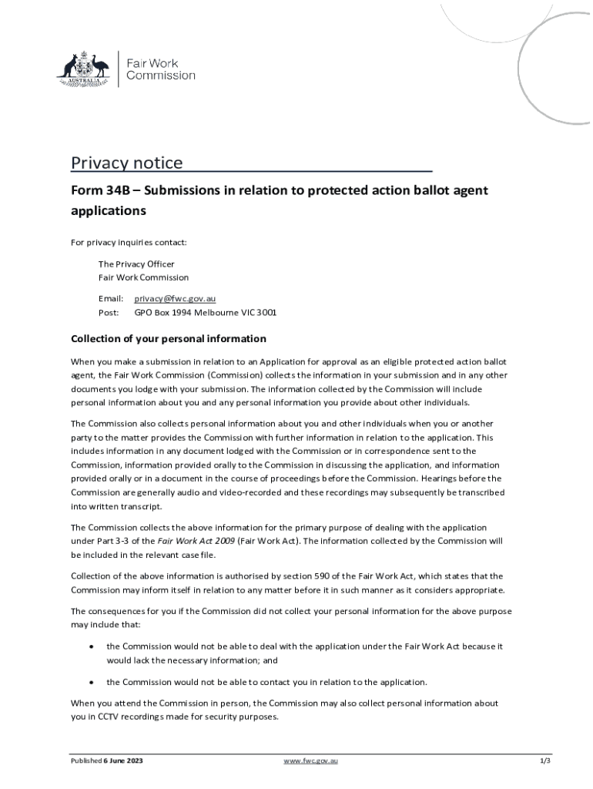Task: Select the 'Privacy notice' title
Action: coord(127,163)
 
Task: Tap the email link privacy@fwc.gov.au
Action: coord(175,298)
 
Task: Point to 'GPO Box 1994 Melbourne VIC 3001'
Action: coord(206,313)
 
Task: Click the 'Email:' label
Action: coord(111,298)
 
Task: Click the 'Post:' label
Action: coord(109,313)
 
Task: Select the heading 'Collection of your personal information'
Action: coord(169,339)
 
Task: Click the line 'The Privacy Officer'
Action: coord(136,264)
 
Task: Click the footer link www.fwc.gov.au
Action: coord(310,761)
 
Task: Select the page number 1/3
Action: coord(544,761)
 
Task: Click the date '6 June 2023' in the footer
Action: coord(123,761)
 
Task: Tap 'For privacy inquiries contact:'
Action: coord(129,243)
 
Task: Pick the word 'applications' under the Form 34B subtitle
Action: coord(109,210)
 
